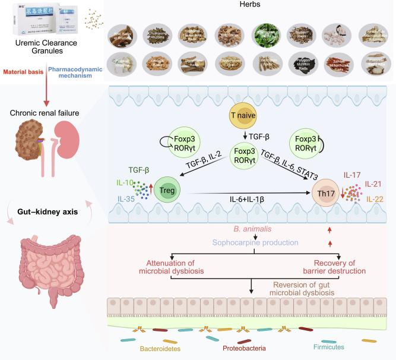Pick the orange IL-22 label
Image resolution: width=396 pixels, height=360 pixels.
click(376, 198)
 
